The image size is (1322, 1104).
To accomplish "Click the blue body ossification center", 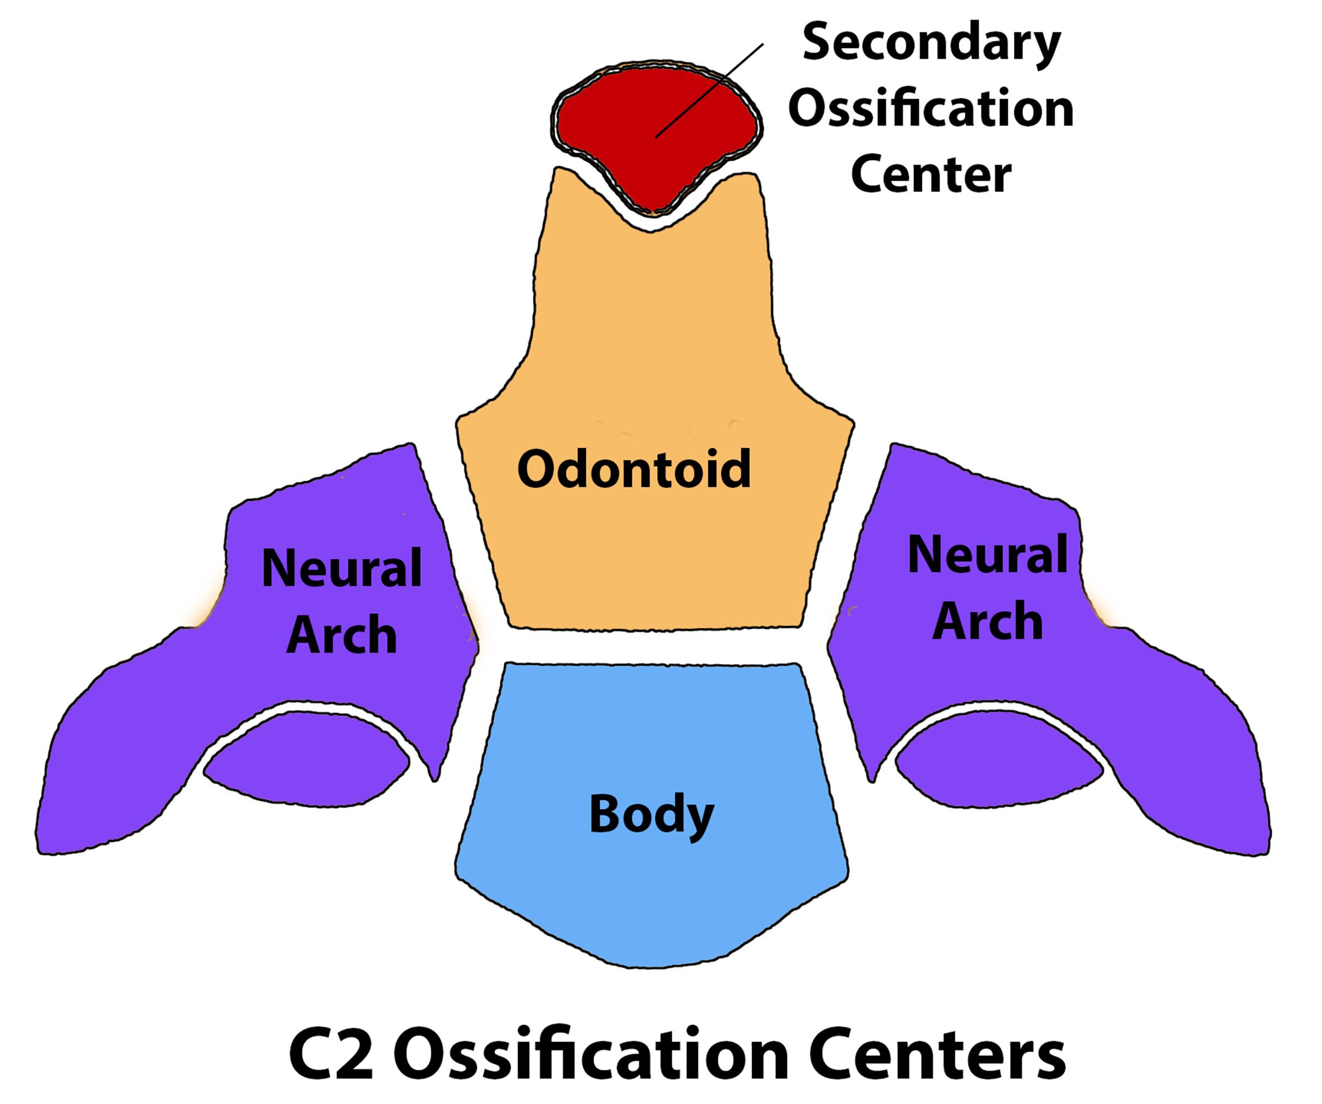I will pyautogui.click(x=652, y=881).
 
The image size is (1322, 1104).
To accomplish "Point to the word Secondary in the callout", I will pyautogui.click(x=932, y=44).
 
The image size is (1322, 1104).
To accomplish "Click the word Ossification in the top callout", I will pyautogui.click(x=932, y=109).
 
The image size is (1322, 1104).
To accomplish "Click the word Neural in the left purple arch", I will pyautogui.click(x=341, y=568).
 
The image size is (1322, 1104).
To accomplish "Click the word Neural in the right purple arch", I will pyautogui.click(x=987, y=555).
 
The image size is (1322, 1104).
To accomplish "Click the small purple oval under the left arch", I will pyautogui.click(x=306, y=762).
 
